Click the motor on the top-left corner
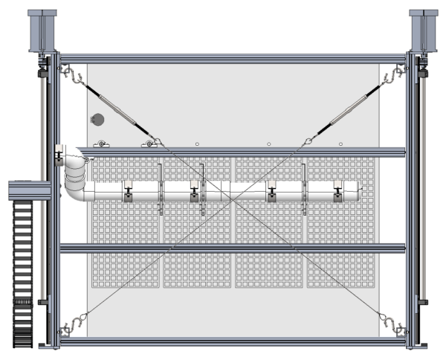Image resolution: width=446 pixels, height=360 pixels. (42, 30)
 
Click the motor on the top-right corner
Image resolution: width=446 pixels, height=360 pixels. (423, 30)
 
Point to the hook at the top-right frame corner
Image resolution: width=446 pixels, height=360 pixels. (396, 74)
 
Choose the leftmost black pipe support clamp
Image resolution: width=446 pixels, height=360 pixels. (128, 195)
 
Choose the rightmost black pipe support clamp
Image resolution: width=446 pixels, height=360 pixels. (338, 195)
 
